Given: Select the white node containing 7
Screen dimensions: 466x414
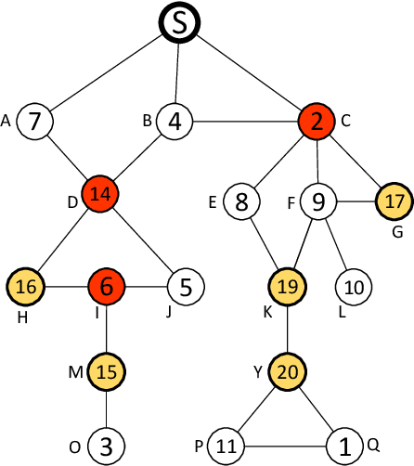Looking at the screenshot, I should [x=34, y=121].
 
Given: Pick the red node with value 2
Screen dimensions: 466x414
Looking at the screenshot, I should [x=317, y=121].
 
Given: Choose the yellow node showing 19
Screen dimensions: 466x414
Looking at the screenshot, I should [x=288, y=287].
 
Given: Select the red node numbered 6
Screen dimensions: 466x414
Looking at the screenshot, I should [x=107, y=287].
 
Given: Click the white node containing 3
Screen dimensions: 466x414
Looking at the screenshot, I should [x=107, y=446].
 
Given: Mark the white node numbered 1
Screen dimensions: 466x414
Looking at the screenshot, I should [x=345, y=447].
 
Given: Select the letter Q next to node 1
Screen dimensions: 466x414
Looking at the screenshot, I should [x=373, y=445].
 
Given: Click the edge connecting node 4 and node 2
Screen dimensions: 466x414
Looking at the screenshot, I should [x=245, y=121].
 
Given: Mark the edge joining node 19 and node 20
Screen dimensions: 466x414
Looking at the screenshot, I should [x=288, y=330].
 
